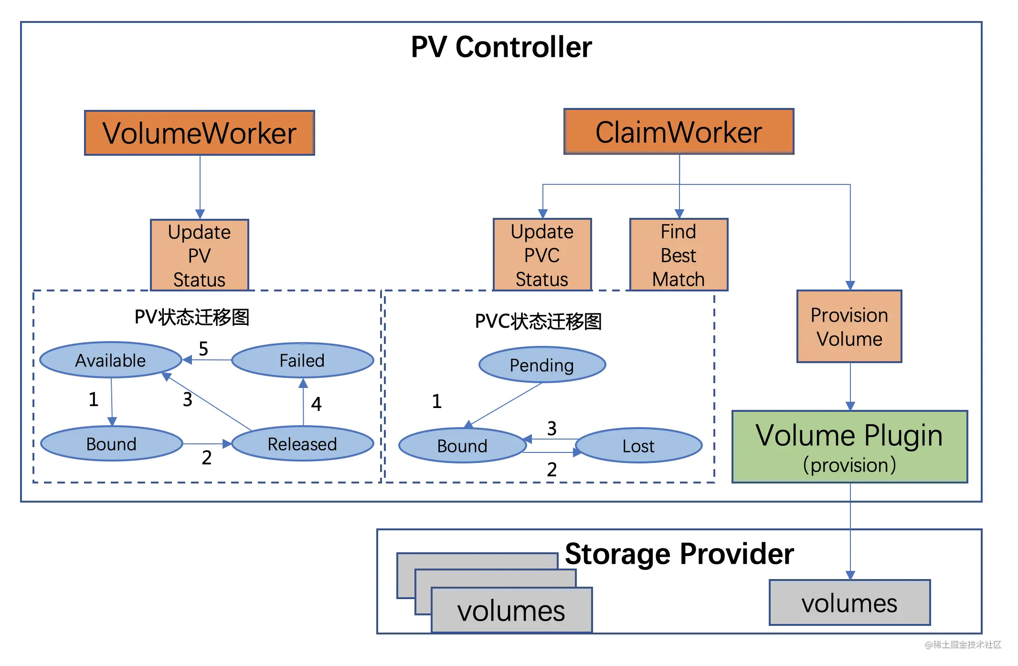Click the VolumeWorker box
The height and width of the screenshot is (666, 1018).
tap(200, 133)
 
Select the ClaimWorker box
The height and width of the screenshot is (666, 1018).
tap(679, 131)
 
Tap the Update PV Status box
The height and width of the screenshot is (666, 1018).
tap(200, 255)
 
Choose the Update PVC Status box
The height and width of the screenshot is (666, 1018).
tap(542, 255)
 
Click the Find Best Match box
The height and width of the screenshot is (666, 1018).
tap(679, 255)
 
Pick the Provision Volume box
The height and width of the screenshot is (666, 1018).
tap(849, 326)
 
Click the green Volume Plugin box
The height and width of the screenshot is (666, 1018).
tap(850, 447)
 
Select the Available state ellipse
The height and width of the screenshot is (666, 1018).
tap(111, 360)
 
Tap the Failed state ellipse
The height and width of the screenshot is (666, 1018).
tap(302, 360)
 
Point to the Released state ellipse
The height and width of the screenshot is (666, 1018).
tap(302, 444)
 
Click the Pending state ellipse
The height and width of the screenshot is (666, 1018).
tap(542, 365)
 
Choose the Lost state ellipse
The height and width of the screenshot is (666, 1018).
tap(639, 446)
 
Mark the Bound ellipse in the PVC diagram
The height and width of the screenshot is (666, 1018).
tap(462, 446)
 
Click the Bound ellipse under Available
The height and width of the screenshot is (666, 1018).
tap(112, 444)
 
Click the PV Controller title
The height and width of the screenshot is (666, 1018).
tap(501, 47)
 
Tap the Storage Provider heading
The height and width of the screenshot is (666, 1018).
tap(679, 554)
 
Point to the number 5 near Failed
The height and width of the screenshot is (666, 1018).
tap(203, 349)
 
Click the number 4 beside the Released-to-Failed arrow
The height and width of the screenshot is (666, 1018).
tap(316, 404)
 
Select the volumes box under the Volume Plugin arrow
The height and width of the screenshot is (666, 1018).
tap(850, 602)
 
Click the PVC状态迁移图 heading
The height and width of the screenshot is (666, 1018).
tap(538, 322)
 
